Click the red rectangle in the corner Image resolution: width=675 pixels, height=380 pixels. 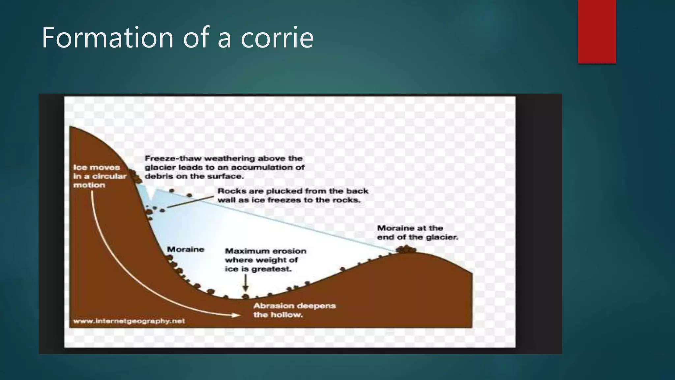point(597,31)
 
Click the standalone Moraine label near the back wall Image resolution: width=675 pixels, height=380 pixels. point(186,249)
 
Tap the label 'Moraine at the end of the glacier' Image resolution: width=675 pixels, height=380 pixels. point(417,233)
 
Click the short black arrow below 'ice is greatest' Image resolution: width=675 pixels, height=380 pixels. point(245,283)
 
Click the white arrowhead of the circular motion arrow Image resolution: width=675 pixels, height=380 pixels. point(236,315)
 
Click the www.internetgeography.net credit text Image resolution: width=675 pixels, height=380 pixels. point(129,321)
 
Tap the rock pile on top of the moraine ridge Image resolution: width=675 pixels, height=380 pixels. point(406,249)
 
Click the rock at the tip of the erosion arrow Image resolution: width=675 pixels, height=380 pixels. point(245,296)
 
